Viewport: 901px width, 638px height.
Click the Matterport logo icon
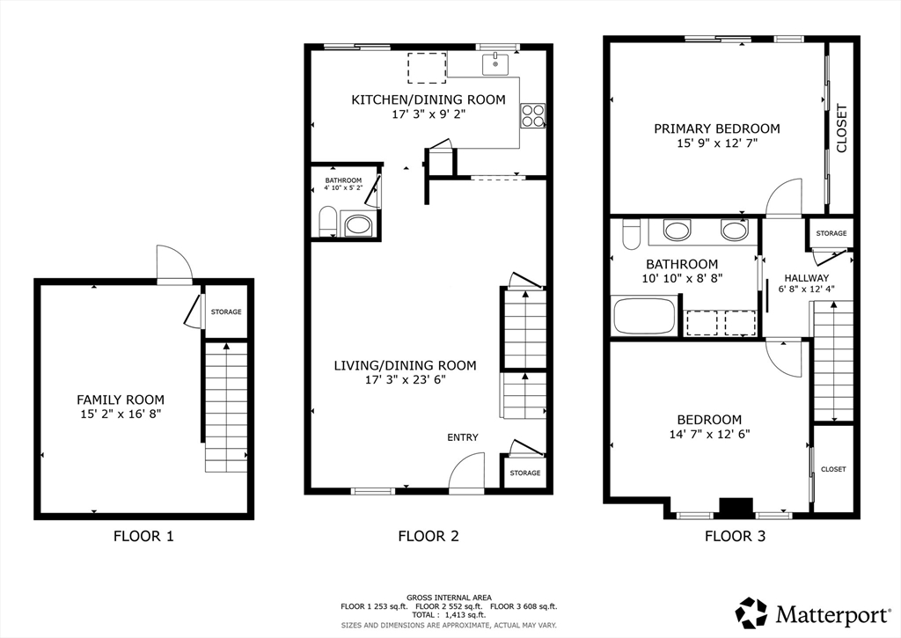point(751,612)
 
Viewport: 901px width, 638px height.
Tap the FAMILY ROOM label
point(120,400)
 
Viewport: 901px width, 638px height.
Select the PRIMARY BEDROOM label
point(716,128)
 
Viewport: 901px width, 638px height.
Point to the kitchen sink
point(496,63)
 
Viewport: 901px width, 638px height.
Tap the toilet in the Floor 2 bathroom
point(326,222)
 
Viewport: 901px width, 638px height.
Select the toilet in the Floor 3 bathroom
point(631,234)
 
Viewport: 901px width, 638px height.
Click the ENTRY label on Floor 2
point(463,437)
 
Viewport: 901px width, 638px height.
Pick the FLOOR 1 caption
point(143,536)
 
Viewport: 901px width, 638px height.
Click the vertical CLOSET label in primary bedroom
point(841,128)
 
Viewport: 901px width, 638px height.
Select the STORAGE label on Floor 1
point(226,312)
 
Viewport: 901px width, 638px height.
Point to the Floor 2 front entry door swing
point(468,472)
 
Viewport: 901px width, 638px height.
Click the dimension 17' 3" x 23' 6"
point(405,380)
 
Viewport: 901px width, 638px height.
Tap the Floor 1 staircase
point(226,407)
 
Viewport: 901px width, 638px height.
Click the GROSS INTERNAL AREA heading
point(449,597)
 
